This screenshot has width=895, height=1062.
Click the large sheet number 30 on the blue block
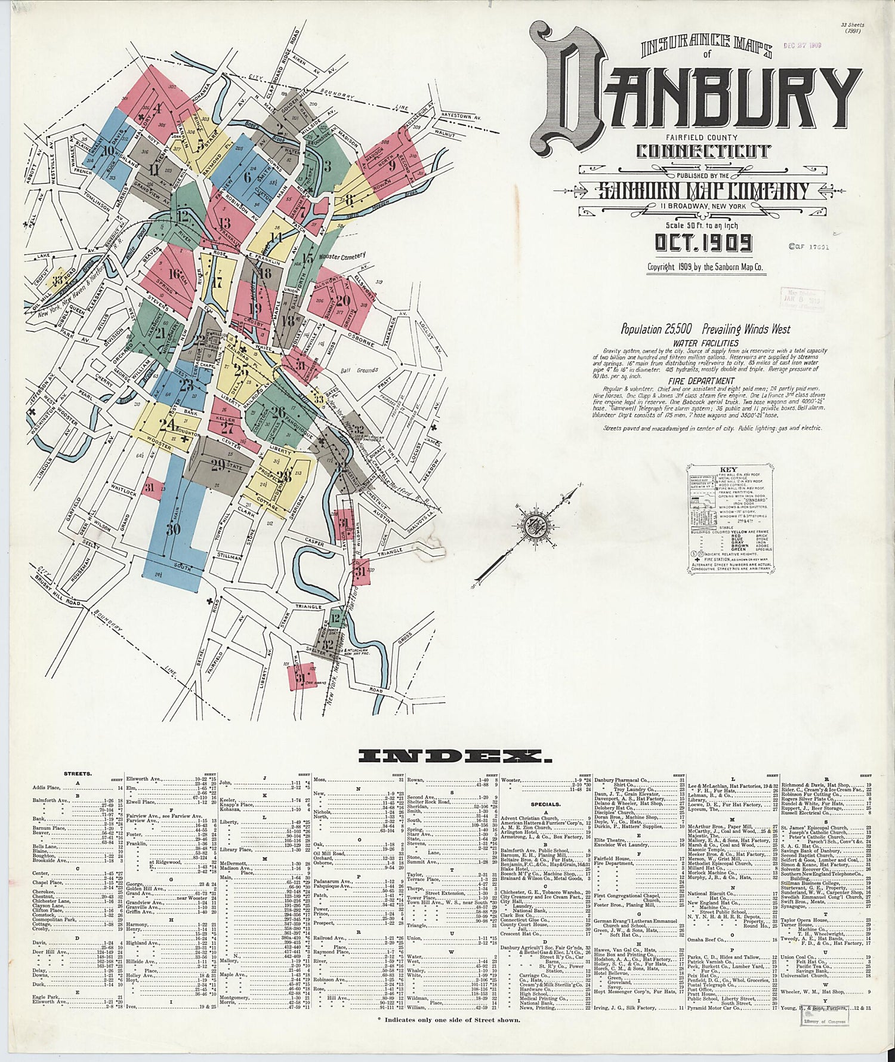pyautogui.click(x=173, y=529)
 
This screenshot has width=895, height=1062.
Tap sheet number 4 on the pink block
pyautogui.click(x=158, y=109)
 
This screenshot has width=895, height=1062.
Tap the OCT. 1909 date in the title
pyautogui.click(x=703, y=243)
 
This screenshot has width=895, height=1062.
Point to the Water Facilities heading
pyautogui.click(x=705, y=343)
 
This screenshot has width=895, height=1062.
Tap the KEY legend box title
pyautogui.click(x=729, y=470)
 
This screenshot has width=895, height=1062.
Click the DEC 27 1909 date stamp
pyautogui.click(x=803, y=45)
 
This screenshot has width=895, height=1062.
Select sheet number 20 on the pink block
pyautogui.click(x=342, y=300)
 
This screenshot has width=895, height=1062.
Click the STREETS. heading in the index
pyautogui.click(x=78, y=774)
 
